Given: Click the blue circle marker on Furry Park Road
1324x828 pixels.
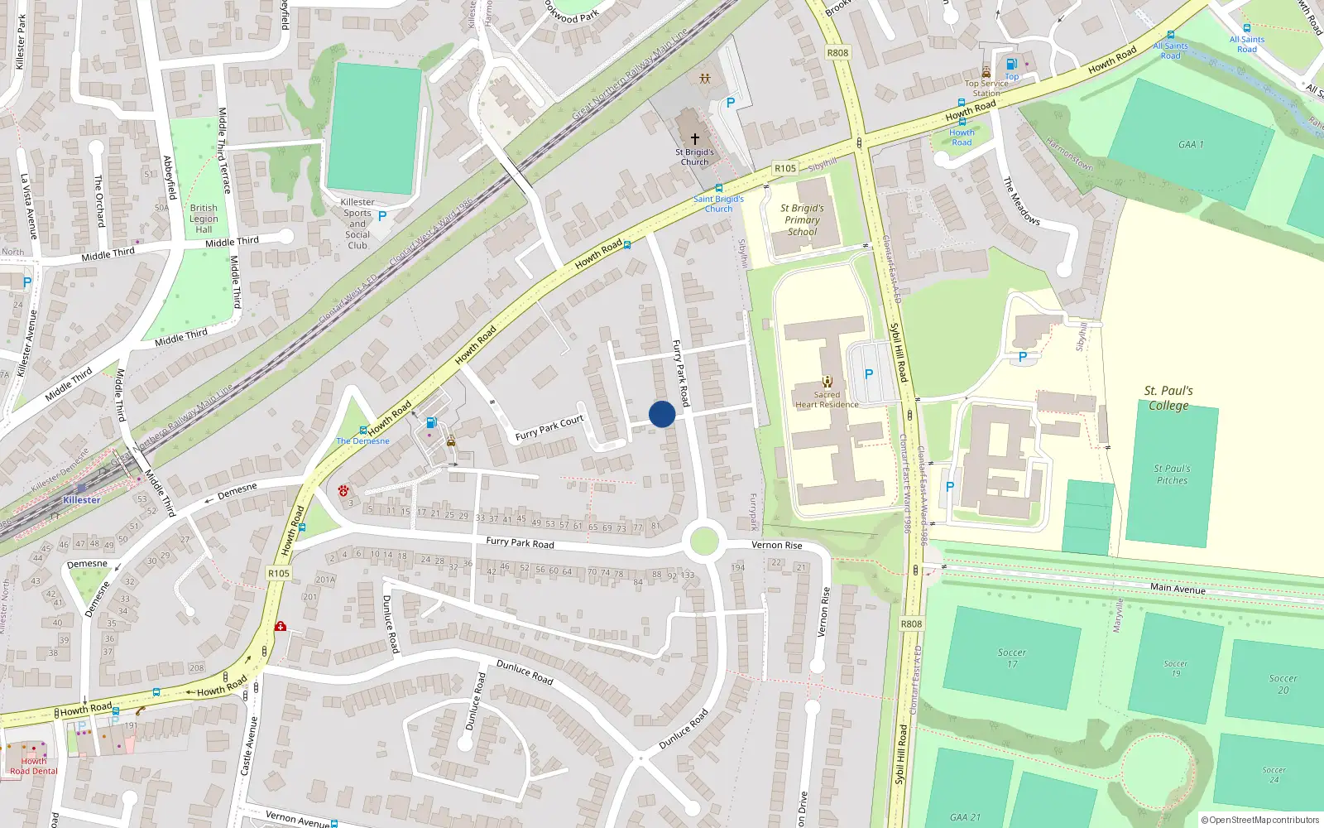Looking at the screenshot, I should [x=662, y=414].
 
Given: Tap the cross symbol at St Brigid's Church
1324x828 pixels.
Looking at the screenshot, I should [x=695, y=139].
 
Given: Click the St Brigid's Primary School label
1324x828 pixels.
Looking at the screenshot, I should [x=802, y=220].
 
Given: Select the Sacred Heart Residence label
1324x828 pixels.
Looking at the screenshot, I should [x=827, y=400].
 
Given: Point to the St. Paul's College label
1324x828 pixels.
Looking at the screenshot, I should [x=1168, y=398].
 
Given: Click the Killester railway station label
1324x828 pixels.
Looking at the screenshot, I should [x=81, y=500].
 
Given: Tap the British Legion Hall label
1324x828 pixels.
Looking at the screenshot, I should [x=204, y=219].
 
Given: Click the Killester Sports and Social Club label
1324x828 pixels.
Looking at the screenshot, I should [x=357, y=224].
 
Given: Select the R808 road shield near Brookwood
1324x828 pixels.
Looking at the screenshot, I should [x=837, y=53].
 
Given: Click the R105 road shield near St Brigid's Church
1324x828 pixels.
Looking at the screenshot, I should [x=785, y=168].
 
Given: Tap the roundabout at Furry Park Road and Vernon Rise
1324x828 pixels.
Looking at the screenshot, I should [x=703, y=543].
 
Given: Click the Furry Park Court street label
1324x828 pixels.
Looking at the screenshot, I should [x=549, y=427].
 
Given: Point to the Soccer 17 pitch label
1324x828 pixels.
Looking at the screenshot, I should [x=1011, y=658].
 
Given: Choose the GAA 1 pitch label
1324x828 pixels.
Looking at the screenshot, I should [x=1191, y=145].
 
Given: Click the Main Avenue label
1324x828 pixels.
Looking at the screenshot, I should [x=1178, y=589].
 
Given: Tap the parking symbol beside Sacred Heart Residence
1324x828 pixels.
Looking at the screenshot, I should [x=869, y=374].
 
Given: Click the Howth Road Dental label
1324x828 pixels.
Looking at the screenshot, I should [x=34, y=766].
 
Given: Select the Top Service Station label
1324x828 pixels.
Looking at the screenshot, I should [x=986, y=88].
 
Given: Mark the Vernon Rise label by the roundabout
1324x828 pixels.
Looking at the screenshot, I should [x=776, y=545].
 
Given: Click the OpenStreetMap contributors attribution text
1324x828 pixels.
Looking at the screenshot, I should [x=1259, y=820].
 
